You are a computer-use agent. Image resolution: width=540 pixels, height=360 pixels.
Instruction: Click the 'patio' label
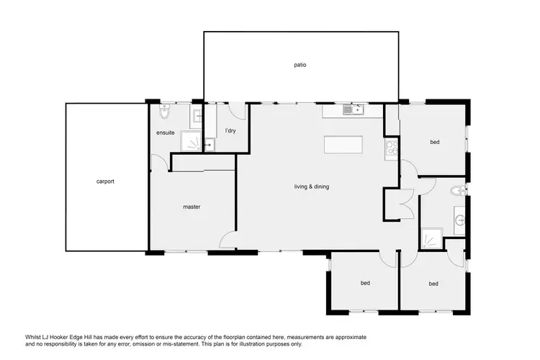[300, 65]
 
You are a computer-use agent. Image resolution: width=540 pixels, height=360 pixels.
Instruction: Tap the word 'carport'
[105, 181]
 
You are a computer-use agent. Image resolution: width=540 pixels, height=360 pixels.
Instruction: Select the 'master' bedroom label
[191, 207]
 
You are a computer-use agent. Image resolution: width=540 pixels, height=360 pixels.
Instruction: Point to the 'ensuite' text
[166, 133]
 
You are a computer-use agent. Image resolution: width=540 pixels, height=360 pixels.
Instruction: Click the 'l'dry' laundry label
[230, 130]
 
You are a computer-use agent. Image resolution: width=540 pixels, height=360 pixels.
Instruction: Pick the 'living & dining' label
[312, 187]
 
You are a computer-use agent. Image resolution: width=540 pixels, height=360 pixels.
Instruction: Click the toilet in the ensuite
[165, 113]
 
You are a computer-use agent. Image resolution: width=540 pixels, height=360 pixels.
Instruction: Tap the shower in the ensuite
[192, 143]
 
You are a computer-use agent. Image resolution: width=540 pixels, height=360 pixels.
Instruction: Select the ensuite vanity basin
[197, 114]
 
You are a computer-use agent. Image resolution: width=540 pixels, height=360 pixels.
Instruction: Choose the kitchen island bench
[347, 144]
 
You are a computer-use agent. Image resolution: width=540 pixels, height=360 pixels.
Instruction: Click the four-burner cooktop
[392, 149]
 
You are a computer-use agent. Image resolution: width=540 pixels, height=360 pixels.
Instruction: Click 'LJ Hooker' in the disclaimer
[53, 337]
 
